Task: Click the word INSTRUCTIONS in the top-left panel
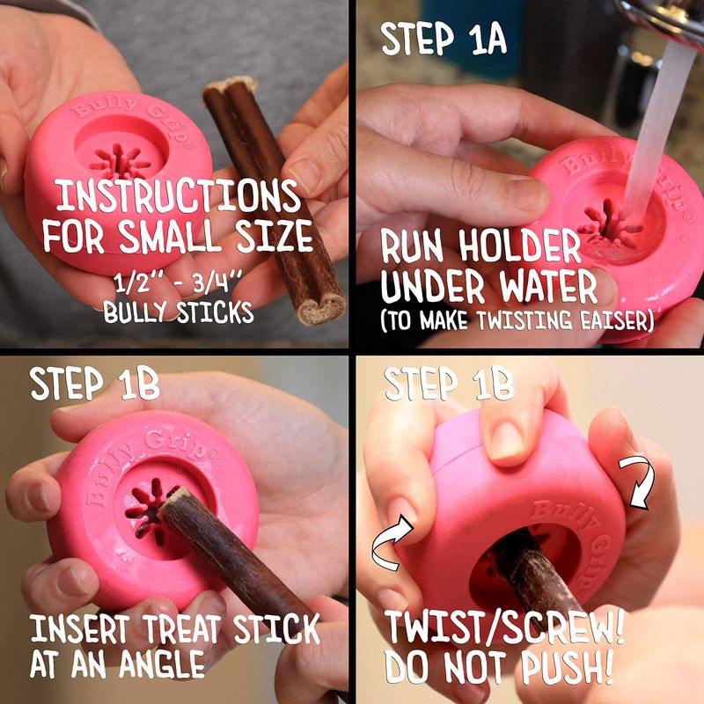click(x=178, y=196)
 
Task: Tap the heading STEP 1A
click(x=444, y=39)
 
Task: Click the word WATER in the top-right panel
click(x=548, y=287)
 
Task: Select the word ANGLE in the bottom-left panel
click(x=162, y=664)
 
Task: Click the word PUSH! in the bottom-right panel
click(x=568, y=668)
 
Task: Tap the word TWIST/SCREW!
click(x=503, y=627)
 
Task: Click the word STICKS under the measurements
click(x=215, y=312)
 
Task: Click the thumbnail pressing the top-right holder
click(x=525, y=193)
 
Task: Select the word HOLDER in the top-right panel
click(x=520, y=246)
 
